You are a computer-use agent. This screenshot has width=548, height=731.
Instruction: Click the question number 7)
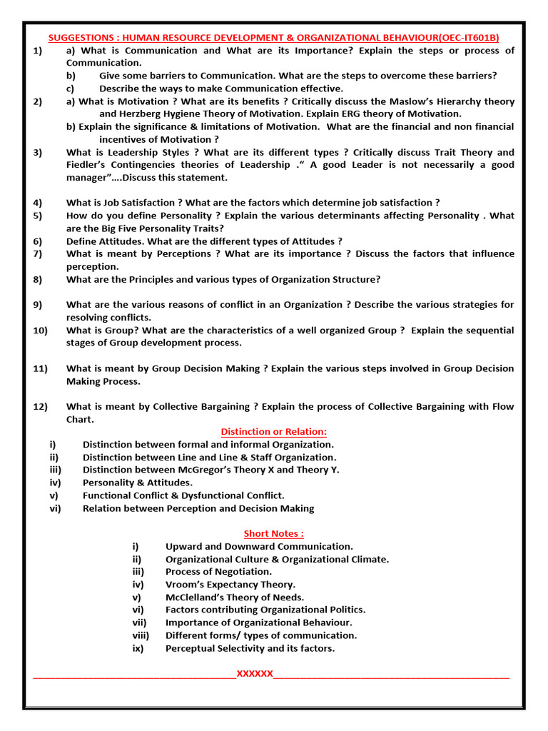pos(38,254)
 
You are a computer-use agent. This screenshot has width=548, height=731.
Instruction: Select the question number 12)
pos(40,407)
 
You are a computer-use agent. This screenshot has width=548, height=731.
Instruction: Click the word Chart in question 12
pos(79,420)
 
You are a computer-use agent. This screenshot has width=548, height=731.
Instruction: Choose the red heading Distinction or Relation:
pos(273,432)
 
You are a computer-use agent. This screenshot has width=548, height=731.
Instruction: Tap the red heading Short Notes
pos(273,533)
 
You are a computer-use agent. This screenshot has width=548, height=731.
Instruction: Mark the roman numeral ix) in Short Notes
pos(138,648)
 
